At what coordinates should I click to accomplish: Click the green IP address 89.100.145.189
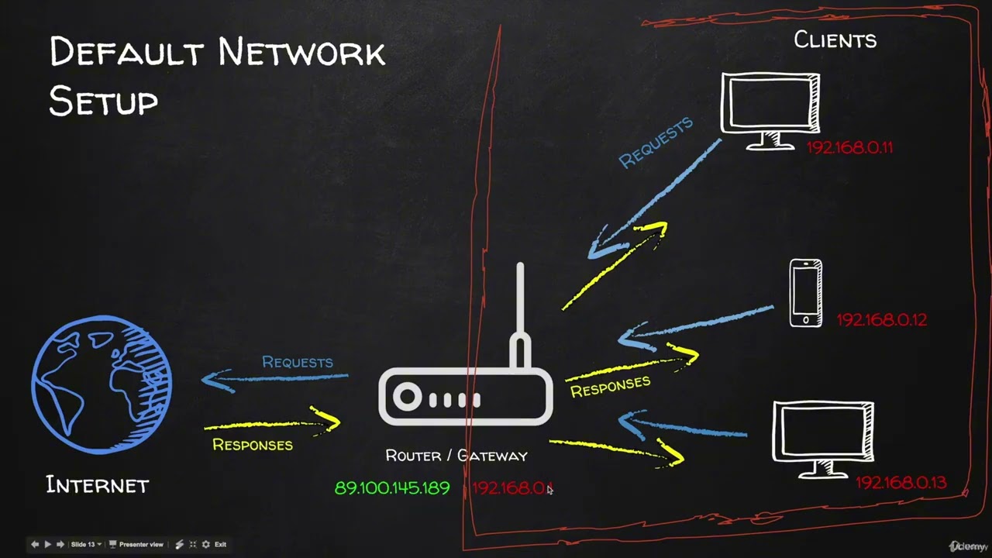point(391,488)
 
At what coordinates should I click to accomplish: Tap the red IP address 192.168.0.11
point(849,147)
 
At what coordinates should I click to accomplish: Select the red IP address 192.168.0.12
point(881,319)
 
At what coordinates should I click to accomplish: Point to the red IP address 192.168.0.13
point(901,483)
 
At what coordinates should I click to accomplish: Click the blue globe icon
point(102,383)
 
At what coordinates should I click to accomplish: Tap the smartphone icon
point(806,293)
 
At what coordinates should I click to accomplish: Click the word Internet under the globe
point(97,486)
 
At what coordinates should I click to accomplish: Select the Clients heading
point(835,40)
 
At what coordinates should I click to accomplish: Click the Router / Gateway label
point(456,456)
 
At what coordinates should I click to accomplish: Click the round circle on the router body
point(407,398)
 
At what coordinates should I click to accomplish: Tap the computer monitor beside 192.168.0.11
point(770,108)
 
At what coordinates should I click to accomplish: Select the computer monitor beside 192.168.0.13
point(823,437)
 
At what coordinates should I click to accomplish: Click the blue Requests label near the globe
point(297,362)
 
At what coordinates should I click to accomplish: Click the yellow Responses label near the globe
point(252,445)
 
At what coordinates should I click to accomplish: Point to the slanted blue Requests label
point(656,143)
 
